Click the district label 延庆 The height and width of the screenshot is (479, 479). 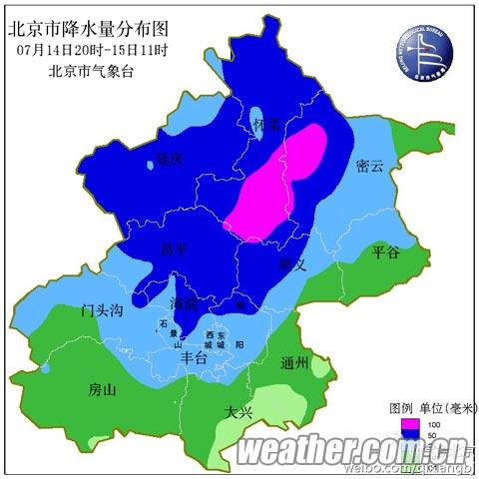[x=170, y=159]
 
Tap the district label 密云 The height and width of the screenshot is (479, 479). [x=369, y=167]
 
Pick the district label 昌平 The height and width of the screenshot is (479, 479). [x=175, y=248]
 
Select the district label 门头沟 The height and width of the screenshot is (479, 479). [x=103, y=312]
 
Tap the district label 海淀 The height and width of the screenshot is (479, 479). [x=184, y=301]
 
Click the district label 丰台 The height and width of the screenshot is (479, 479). [x=192, y=356]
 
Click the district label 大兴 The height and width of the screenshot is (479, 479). [x=239, y=410]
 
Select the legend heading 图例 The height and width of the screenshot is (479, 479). [x=399, y=409]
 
